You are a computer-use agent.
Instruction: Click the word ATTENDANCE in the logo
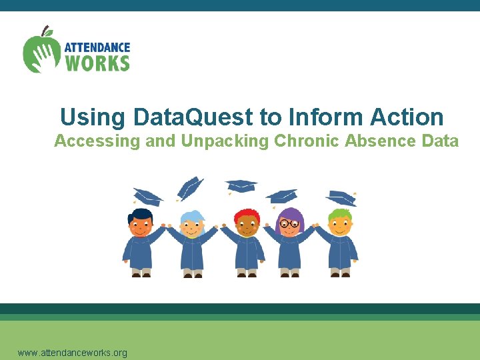(97, 48)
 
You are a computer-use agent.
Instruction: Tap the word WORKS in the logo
(97, 63)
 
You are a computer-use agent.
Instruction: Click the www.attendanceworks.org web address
(72, 353)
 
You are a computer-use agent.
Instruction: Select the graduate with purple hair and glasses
(290, 243)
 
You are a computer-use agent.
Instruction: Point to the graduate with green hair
(340, 243)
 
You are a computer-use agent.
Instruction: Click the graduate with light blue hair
(193, 243)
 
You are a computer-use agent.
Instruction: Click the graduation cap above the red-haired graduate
(241, 185)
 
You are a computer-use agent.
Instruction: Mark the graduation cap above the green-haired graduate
(341, 197)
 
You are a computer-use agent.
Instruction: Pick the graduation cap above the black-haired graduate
(147, 196)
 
